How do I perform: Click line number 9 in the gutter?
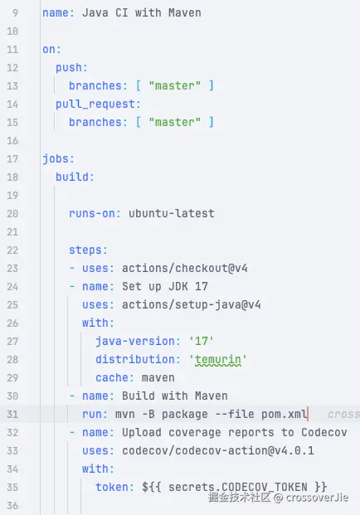point(15,12)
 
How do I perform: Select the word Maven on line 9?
point(185,12)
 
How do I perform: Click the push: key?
point(71,68)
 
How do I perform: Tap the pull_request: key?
point(98,104)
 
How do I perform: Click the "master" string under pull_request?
point(174,122)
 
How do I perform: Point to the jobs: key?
point(58,159)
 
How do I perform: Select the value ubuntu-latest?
point(172,213)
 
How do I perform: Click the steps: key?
point(88,250)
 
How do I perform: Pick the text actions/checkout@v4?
point(185,269)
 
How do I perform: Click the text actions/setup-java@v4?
point(192,305)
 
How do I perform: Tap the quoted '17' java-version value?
point(202,341)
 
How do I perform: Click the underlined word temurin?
point(218,360)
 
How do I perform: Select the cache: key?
point(114,377)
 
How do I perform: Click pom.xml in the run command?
point(285,414)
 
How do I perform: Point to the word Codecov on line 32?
point(324,432)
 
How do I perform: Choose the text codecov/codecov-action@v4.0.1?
point(218,450)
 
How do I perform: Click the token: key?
point(114,487)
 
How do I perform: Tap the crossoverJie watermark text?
point(317,498)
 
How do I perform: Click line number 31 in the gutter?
point(12,414)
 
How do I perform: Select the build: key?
point(75,177)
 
